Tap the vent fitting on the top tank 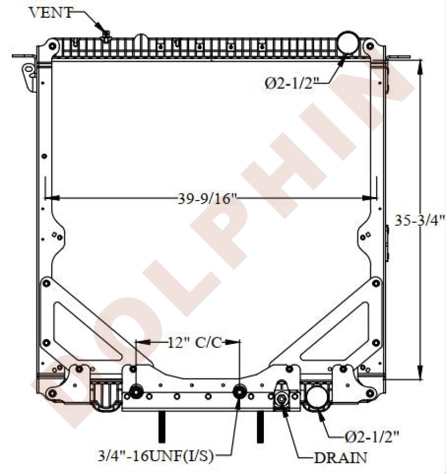click(x=106, y=35)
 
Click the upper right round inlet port click(x=348, y=43)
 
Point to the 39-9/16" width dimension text click(x=207, y=199)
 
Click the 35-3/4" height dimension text click(x=420, y=220)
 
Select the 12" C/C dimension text click(x=194, y=342)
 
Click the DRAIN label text click(x=341, y=457)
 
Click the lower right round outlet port click(x=316, y=396)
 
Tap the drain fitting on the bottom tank click(x=282, y=399)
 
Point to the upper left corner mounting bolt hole click(x=52, y=46)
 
